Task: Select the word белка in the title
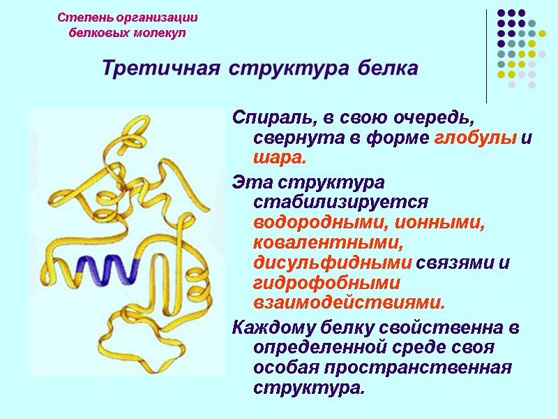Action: [387, 69]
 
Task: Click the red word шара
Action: [279, 158]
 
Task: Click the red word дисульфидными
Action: [333, 263]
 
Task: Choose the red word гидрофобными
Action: [326, 284]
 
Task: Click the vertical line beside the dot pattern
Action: [486, 56]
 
